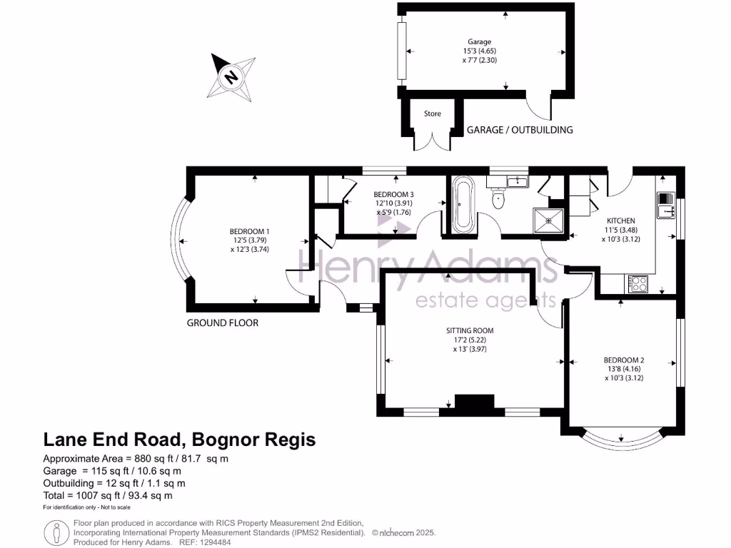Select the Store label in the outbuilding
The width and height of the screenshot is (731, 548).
[433, 113]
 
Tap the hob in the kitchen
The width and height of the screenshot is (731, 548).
[637, 283]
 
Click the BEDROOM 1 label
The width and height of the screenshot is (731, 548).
[249, 231]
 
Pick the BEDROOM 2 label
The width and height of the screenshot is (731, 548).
[624, 360]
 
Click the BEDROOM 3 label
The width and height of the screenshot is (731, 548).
[393, 194]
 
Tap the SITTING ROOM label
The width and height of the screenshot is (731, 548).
[470, 330]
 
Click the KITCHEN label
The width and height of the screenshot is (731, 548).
[620, 220]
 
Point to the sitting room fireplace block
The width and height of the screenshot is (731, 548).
[470, 404]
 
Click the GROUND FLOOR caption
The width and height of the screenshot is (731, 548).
[223, 323]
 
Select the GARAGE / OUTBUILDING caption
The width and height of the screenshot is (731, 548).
[519, 130]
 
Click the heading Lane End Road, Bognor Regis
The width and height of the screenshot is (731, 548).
[179, 440]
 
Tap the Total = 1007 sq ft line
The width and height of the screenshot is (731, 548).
[108, 495]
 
